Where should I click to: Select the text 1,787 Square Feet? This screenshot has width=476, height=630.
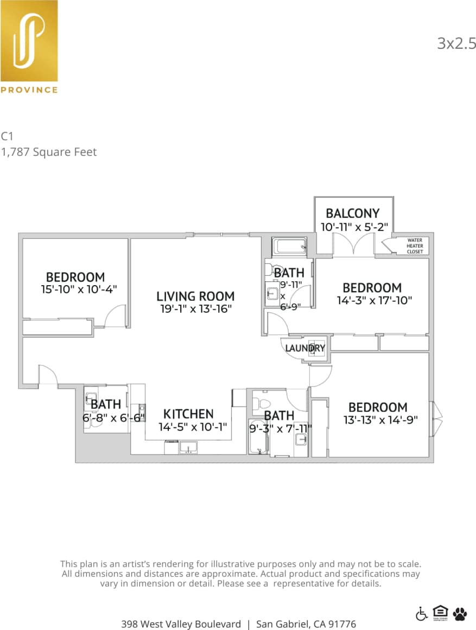49,152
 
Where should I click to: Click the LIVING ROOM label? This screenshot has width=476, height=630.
195,297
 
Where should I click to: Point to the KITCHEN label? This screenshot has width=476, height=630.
188,414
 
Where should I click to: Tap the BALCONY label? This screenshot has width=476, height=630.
352,213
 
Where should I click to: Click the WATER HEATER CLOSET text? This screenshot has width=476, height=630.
415,246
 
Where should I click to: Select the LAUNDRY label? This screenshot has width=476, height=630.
305,348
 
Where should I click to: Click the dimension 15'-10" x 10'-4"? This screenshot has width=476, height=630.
79,289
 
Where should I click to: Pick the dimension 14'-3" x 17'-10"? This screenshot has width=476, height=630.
375,300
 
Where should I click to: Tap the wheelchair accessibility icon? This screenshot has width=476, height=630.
421,614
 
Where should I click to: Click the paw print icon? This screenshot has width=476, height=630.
460,614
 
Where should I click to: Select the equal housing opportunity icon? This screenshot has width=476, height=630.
440,613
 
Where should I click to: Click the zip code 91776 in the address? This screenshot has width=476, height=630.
342,624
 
